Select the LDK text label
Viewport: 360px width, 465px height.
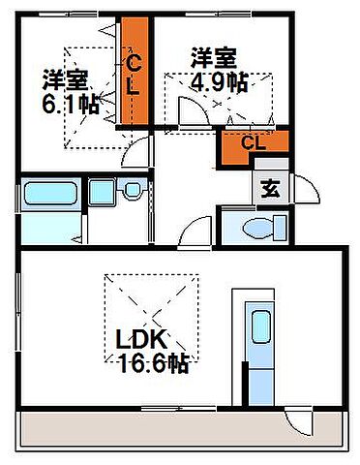click(143, 341)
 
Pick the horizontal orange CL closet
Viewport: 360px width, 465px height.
click(255, 145)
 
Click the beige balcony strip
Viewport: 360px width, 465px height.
click(174, 426)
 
